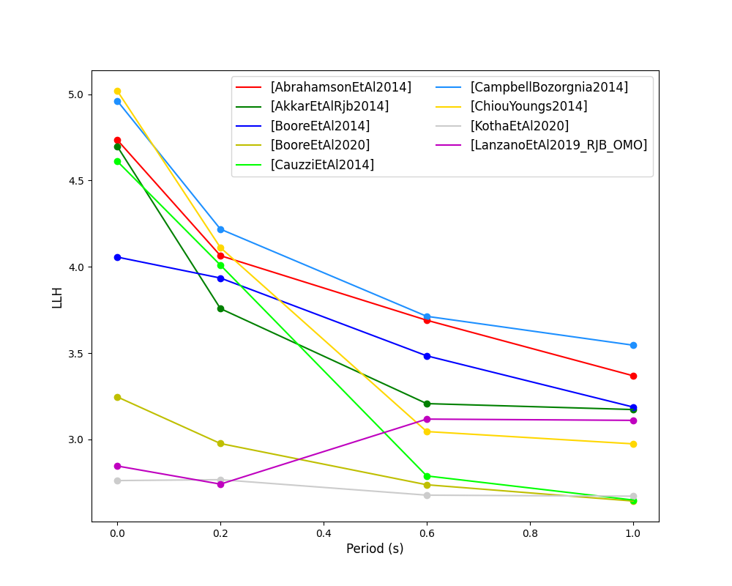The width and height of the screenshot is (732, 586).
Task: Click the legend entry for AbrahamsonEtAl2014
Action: click(x=340, y=87)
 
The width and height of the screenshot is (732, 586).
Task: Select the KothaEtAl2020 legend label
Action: click(x=519, y=126)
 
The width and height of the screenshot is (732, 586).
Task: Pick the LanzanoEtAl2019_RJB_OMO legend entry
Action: click(x=559, y=145)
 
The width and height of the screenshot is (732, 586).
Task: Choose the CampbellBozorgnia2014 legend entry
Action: click(x=549, y=87)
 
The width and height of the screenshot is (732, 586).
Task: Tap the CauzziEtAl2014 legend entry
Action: click(x=322, y=165)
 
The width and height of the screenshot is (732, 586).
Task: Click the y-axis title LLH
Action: click(x=58, y=297)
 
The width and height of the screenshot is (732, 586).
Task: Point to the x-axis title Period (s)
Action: click(x=375, y=549)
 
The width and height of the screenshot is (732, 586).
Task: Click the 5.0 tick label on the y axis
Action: click(x=76, y=94)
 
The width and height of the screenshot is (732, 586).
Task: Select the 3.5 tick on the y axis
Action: click(x=76, y=354)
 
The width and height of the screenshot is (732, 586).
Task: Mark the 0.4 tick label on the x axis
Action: click(x=324, y=534)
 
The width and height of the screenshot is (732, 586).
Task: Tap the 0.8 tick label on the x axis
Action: click(x=530, y=534)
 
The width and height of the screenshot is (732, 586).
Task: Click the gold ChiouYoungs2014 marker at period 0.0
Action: click(x=117, y=92)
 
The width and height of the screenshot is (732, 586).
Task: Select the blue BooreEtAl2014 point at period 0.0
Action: click(x=117, y=257)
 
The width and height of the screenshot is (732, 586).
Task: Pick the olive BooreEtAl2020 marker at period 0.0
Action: click(x=117, y=397)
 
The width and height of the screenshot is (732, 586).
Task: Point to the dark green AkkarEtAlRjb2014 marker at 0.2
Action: click(x=220, y=308)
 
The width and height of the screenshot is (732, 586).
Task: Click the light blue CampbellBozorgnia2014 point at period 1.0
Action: click(x=633, y=345)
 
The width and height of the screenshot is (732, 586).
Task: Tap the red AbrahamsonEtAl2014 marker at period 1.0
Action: click(x=633, y=376)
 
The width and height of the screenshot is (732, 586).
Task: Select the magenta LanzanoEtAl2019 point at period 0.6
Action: click(x=427, y=419)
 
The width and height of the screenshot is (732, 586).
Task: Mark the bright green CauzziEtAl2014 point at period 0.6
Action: click(x=427, y=476)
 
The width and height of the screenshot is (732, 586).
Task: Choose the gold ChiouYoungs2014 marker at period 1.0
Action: click(x=633, y=444)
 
